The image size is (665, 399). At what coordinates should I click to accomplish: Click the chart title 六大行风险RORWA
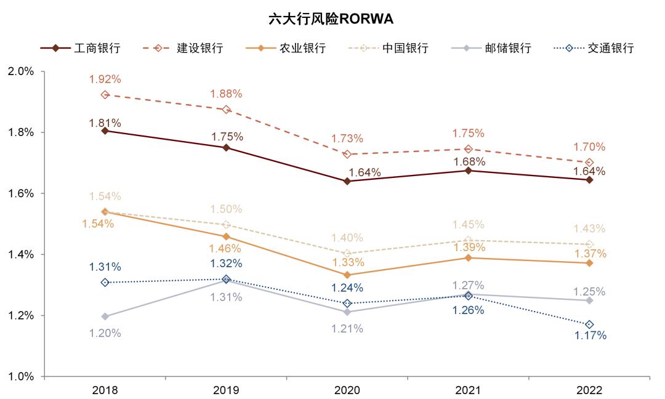pyautogui.click(x=331, y=19)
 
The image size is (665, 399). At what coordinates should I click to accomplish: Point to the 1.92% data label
pyautogui.click(x=105, y=79)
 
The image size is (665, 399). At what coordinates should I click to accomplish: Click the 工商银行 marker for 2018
pyautogui.click(x=105, y=131)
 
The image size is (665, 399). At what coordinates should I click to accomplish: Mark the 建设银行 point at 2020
pyautogui.click(x=347, y=154)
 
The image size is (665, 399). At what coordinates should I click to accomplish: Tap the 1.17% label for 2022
pyautogui.click(x=590, y=336)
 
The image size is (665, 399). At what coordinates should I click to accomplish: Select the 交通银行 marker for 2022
pyautogui.click(x=589, y=324)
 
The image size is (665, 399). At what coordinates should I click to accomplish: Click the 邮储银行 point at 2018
pyautogui.click(x=105, y=316)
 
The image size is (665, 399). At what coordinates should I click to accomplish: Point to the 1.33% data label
pyautogui.click(x=348, y=262)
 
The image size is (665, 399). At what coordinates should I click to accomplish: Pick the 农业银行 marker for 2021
pyautogui.click(x=469, y=257)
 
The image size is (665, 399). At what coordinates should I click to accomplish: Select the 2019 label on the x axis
pyautogui.click(x=226, y=390)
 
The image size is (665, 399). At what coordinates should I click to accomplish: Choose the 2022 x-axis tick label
pyautogui.click(x=589, y=390)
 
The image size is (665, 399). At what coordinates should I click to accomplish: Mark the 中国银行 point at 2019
pyautogui.click(x=226, y=225)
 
